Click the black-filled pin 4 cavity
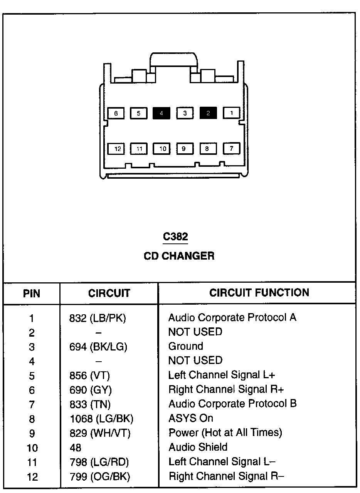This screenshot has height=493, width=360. pos(161,113)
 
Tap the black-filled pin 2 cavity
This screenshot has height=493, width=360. pos(208,113)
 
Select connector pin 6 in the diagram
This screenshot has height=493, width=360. pos(116,113)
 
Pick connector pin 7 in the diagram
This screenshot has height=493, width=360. pos(231,148)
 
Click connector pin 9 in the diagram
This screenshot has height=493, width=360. pos(185,149)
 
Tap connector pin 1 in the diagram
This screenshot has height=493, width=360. pos(232,113)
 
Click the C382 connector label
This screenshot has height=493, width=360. pos(175,237)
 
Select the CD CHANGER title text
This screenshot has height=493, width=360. pos(179,256)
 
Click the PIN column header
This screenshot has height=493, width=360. pos(32,293)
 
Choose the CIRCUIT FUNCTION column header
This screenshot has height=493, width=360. pos(259,293)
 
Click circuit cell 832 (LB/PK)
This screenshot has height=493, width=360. pos(98,318)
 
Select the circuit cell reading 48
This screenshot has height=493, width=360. pos(76,448)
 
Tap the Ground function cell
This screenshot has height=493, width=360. pos(185,346)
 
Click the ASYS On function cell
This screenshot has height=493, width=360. pos(190,418)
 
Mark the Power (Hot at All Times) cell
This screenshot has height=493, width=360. pos(225,433)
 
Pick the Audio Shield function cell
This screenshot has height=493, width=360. pos(198,447)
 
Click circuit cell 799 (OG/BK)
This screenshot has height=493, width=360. pos(100,476)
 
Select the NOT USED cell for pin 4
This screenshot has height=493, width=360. pos(195,361)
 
